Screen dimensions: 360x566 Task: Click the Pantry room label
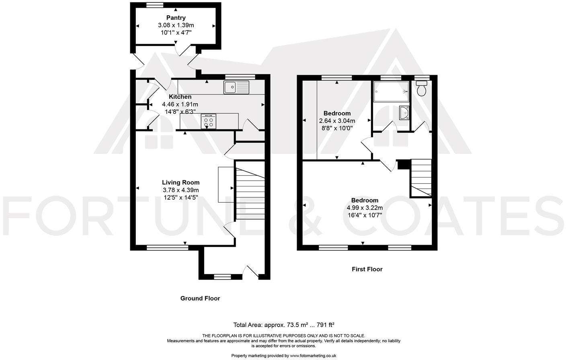point(176,18)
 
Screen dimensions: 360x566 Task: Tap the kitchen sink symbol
point(236,87)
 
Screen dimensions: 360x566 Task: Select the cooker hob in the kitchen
point(208,121)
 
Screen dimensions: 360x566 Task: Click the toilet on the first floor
point(421,88)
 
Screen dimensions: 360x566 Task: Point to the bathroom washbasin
point(404,113)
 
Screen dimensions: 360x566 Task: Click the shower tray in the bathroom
point(391,92)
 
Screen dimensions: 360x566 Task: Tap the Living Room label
point(180,182)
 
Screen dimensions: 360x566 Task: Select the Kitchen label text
point(180,97)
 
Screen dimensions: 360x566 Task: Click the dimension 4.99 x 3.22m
point(365,208)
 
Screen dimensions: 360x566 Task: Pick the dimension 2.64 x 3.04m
point(337,121)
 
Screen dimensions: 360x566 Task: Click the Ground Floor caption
point(200,298)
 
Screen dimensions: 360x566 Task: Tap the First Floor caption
point(367,269)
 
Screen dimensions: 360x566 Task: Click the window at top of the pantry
point(155,5)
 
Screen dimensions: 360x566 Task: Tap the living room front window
point(167,248)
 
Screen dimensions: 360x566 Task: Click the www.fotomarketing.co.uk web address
point(313,356)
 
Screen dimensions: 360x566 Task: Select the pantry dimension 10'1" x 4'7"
point(176,32)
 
